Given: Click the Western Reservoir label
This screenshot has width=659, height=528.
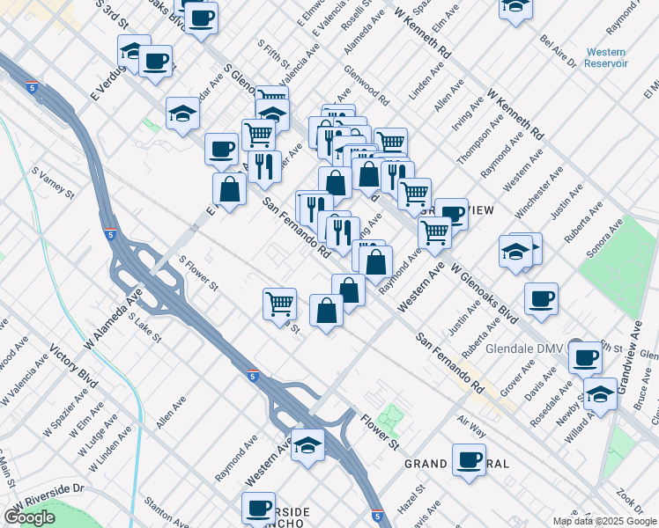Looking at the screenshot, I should click(x=606, y=58).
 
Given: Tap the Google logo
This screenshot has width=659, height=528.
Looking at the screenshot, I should click(x=29, y=517).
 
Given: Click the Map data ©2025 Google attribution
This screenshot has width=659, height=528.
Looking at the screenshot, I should click(x=603, y=521).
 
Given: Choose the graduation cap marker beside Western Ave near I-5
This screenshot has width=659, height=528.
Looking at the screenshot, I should click(x=308, y=445).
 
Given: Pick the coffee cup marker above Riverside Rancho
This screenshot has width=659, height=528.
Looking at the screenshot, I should click(x=259, y=508).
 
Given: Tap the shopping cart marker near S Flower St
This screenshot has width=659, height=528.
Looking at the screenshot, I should click(x=279, y=304).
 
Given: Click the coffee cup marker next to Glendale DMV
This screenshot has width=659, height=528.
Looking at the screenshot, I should click(x=583, y=357).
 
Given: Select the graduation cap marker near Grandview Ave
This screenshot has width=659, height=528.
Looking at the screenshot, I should click(x=600, y=394).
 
